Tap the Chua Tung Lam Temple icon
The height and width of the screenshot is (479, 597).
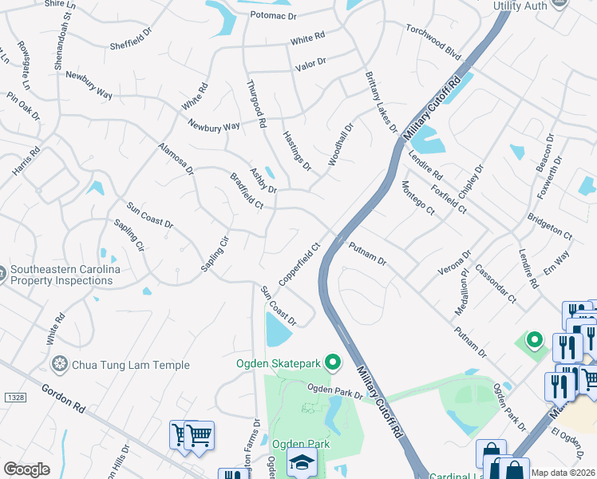coord(59,365)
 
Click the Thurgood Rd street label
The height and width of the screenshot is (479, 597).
coord(255,105)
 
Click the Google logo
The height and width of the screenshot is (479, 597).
coord(26,469)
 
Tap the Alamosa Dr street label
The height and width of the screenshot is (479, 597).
coord(176,159)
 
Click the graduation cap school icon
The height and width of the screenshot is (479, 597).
coord(302,464)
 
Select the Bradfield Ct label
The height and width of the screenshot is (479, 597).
coord(247,192)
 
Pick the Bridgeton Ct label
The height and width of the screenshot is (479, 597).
coord(550,226)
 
